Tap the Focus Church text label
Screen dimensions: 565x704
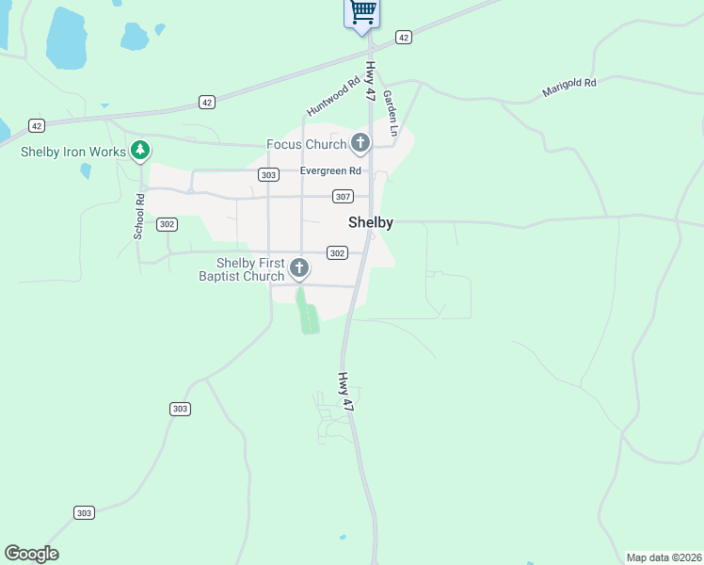306,144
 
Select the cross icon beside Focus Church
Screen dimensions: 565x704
360,144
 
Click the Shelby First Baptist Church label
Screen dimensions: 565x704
249,269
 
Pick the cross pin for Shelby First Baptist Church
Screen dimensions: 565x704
299,269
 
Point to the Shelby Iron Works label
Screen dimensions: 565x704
74,151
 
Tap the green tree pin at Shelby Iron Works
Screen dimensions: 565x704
140,150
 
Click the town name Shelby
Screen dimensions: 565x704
370,223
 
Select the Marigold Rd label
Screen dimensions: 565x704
569,89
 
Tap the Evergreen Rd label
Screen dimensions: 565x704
330,171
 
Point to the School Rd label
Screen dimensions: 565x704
138,216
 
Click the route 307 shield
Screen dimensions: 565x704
343,196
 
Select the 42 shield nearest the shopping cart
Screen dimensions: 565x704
404,37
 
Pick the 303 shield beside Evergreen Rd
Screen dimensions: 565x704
269,175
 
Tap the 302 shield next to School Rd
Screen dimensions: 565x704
167,224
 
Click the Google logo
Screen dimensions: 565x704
31,554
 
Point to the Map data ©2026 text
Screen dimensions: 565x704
664,557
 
